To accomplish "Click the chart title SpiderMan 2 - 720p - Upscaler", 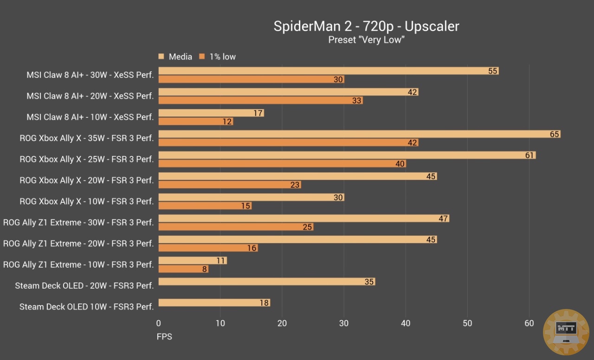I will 366,26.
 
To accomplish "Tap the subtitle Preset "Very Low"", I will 366,40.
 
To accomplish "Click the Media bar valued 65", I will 359,134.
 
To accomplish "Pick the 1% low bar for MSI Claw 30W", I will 251,79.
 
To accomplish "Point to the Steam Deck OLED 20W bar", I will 266,282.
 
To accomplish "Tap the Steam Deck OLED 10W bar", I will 214,303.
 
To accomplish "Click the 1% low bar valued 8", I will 183,269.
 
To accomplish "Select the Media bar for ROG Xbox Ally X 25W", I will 347,155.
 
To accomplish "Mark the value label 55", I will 493,71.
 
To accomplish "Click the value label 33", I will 356,101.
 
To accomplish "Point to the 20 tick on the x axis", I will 282,323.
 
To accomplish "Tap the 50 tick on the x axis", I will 467,323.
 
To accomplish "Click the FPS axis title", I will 164,337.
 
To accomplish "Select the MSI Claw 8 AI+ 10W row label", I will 90,117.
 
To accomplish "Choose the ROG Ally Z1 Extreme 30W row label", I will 78,223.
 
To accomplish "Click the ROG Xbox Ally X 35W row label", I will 87,138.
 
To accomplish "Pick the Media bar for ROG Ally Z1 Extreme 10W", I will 193,261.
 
